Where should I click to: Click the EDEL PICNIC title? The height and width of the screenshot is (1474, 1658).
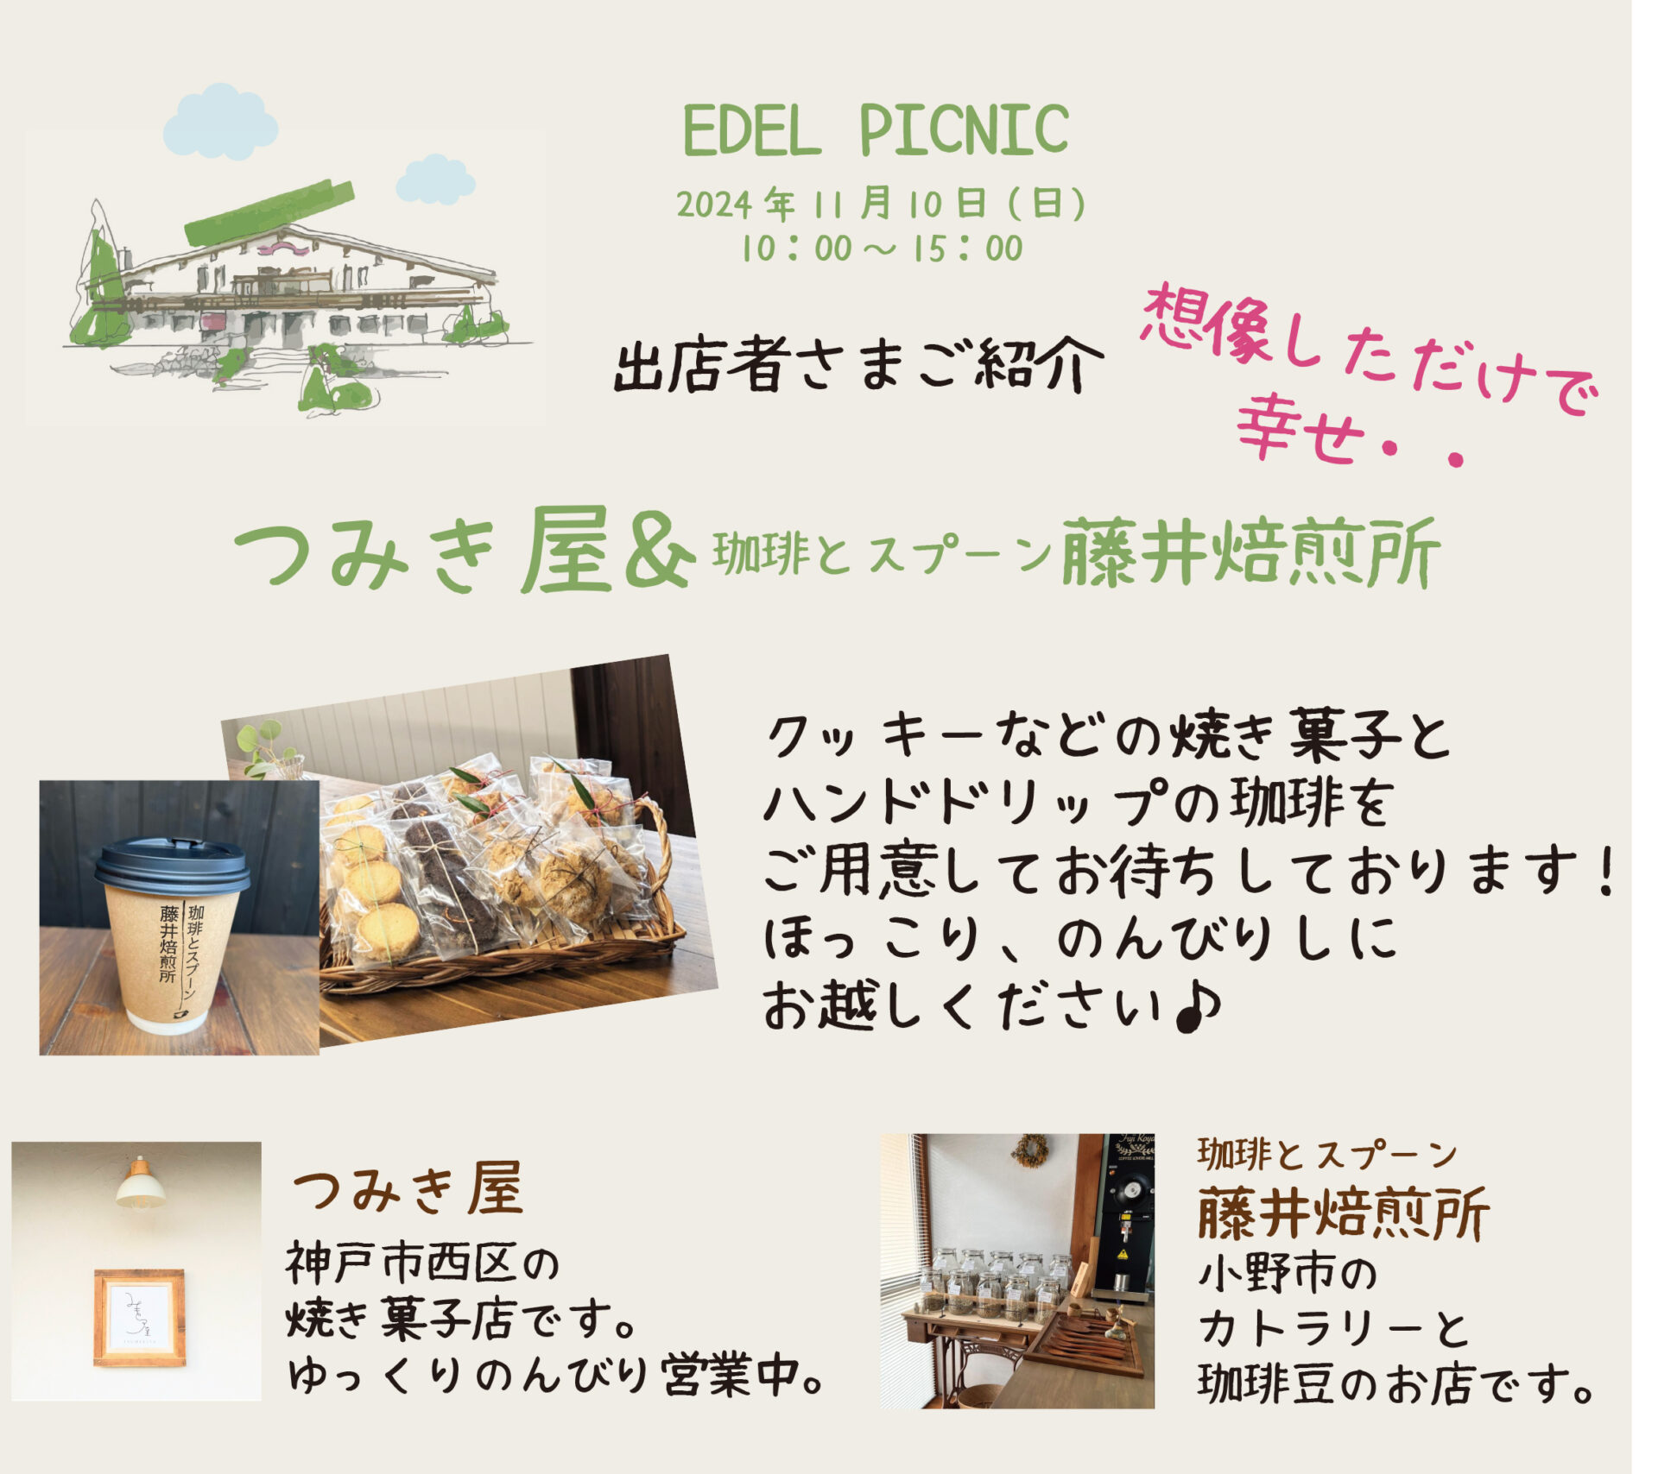coord(876,130)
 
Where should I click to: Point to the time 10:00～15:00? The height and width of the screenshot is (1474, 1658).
coord(882,249)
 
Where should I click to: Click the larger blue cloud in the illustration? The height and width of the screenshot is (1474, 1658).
coord(221,122)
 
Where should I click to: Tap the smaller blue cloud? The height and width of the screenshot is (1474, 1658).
coord(435,180)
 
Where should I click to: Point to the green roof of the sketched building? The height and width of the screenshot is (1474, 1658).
coord(269,213)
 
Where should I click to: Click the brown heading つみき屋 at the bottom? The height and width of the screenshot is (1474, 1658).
coord(408,1190)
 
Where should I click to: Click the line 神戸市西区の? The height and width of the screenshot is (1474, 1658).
coord(422,1264)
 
